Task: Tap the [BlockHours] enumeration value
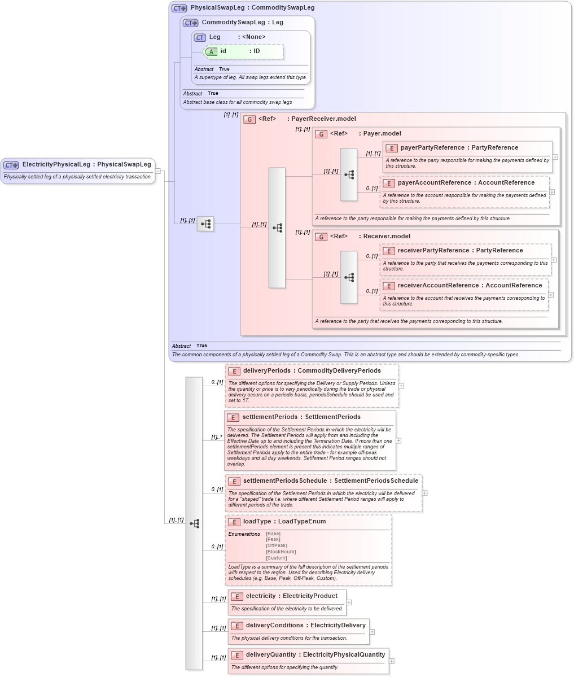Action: [x=281, y=552]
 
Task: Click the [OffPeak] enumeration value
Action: [x=277, y=545]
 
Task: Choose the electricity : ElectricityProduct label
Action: [x=291, y=596]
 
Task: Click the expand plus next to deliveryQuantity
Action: [x=392, y=661]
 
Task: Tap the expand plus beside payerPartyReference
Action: [x=555, y=158]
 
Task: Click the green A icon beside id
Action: [x=211, y=52]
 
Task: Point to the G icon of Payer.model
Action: [x=321, y=134]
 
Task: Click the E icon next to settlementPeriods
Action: [x=233, y=417]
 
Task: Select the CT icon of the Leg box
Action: [x=200, y=37]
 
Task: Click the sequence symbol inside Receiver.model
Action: [x=348, y=277]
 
